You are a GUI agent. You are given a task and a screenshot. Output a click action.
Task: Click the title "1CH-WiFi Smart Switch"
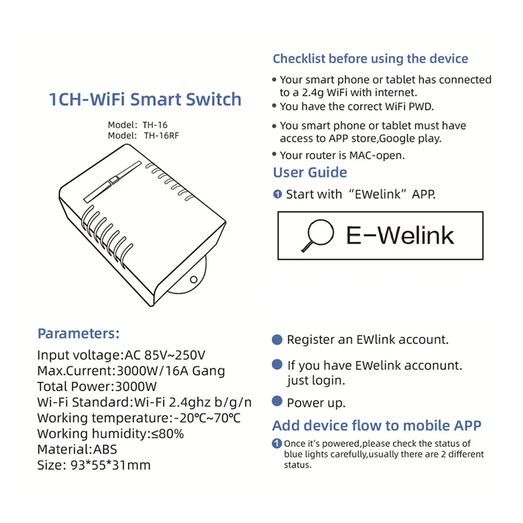[x=145, y=99]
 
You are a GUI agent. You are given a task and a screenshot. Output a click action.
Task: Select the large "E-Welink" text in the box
[x=399, y=235]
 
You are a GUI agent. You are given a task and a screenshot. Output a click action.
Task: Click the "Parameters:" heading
[x=78, y=333]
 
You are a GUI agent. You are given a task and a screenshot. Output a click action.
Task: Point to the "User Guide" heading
[x=310, y=173]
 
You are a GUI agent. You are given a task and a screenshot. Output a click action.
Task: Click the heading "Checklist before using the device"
[x=370, y=59]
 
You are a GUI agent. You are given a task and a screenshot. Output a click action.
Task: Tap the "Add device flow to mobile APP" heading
[x=377, y=426]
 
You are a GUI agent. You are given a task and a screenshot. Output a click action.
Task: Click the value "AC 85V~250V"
[x=164, y=356]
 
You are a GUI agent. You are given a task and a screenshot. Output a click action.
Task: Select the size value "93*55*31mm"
[x=110, y=465]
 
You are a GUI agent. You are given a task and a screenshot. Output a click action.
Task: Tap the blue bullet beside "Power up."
[x=277, y=402]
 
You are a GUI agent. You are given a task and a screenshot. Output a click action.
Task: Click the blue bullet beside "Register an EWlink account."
[x=277, y=340]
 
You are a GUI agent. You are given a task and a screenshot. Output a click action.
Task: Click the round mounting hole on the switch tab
[x=194, y=280]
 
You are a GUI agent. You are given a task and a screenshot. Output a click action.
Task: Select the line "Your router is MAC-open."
[x=342, y=156]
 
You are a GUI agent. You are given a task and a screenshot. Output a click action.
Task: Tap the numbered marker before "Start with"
[x=277, y=194]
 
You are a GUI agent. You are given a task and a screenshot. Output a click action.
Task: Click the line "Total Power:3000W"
[x=97, y=387]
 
